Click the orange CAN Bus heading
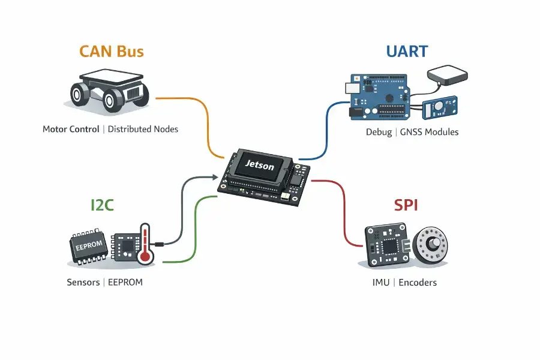pyautogui.click(x=112, y=52)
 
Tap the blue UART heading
pyautogui.click(x=407, y=51)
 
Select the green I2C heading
pyautogui.click(x=98, y=206)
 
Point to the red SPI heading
pyautogui.click(x=406, y=205)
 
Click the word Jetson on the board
pyautogui.click(x=259, y=163)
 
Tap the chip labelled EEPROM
pyautogui.click(x=90, y=245)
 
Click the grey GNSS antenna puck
pyautogui.click(x=446, y=76)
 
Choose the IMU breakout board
pyautogui.click(x=388, y=247)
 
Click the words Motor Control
pyautogui.click(x=71, y=129)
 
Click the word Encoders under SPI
pyautogui.click(x=418, y=282)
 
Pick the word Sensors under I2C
pyautogui.click(x=83, y=282)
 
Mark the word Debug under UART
pyautogui.click(x=378, y=132)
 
